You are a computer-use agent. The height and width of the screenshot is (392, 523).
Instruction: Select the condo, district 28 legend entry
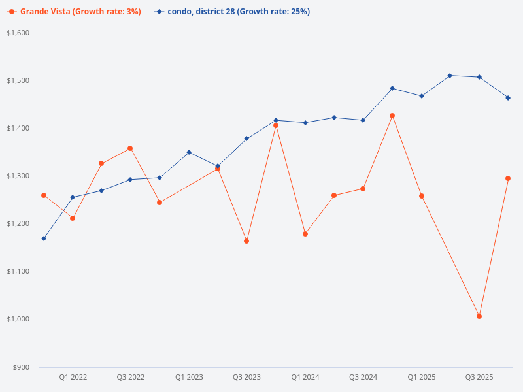[232, 12]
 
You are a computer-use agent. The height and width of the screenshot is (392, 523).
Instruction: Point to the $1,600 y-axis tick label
[18, 33]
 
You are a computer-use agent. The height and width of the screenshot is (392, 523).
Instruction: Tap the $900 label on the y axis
[22, 367]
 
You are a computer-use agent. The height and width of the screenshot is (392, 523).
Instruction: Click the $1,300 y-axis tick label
[18, 176]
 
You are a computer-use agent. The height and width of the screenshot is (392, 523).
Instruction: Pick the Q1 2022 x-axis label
[73, 378]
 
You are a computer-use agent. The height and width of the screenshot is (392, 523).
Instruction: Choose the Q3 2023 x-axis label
[246, 378]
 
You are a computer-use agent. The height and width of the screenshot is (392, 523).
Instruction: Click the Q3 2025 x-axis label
[479, 378]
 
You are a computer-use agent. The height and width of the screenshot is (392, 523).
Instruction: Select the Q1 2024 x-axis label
[305, 378]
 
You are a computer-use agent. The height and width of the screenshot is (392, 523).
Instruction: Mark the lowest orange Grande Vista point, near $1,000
[479, 316]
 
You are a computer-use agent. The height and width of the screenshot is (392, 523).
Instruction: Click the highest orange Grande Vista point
[392, 116]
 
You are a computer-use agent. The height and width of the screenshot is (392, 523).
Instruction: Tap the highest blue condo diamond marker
[450, 76]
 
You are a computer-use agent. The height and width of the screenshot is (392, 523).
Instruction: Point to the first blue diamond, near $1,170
[44, 238]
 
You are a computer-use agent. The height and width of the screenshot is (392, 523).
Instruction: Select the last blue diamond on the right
[508, 98]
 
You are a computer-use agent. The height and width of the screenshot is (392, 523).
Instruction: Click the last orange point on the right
[508, 178]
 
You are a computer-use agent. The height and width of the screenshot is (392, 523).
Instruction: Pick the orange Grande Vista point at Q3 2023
[246, 241]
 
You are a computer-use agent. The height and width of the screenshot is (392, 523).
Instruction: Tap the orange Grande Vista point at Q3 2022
[130, 148]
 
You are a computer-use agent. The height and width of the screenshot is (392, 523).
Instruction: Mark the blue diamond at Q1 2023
[189, 152]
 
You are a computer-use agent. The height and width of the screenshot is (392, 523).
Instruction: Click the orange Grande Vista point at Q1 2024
[305, 234]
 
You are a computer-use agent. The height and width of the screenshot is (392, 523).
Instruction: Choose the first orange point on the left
[44, 195]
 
